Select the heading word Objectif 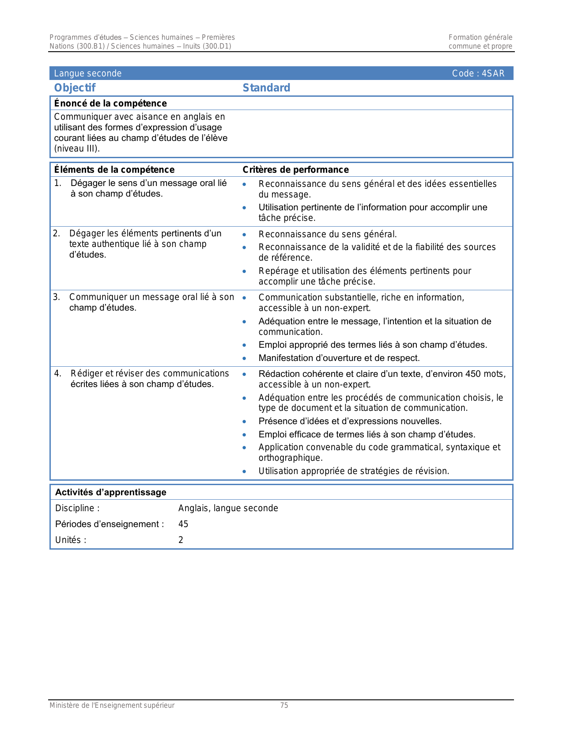point(75,88)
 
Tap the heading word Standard point(266,88)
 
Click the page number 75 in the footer point(284,706)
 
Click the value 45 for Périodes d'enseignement point(183,524)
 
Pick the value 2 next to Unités point(181,540)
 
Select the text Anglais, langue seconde point(228,508)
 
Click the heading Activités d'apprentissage point(110,492)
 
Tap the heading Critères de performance point(295,170)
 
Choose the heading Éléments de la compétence point(114,170)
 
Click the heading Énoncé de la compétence point(110,103)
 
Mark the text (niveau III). point(77,148)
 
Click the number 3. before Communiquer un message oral point(57,297)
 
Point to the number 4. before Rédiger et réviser point(57,373)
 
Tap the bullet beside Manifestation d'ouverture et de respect point(244,358)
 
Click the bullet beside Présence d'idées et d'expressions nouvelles point(244,421)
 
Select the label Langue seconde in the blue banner point(87,73)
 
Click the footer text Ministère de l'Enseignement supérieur point(112,706)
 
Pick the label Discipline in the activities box point(77,508)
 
